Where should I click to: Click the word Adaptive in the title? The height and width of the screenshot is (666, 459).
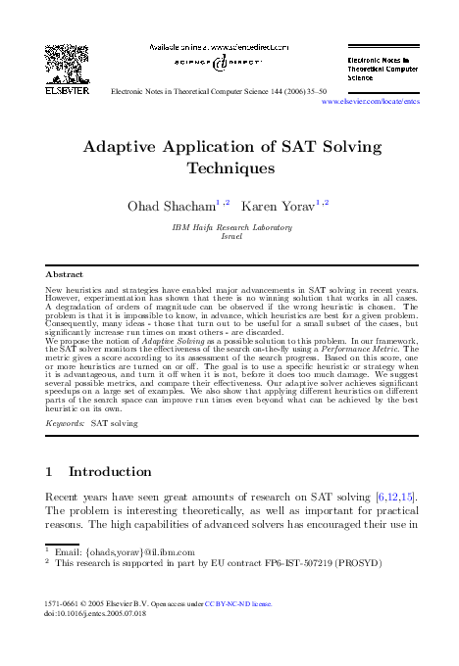tap(123, 147)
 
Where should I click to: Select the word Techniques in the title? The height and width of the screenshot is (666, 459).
tap(229, 167)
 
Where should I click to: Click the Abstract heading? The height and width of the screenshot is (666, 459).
tap(65, 274)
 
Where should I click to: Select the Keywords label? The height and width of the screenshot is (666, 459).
tap(65, 423)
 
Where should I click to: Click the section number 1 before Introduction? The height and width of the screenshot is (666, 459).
tap(50, 471)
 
